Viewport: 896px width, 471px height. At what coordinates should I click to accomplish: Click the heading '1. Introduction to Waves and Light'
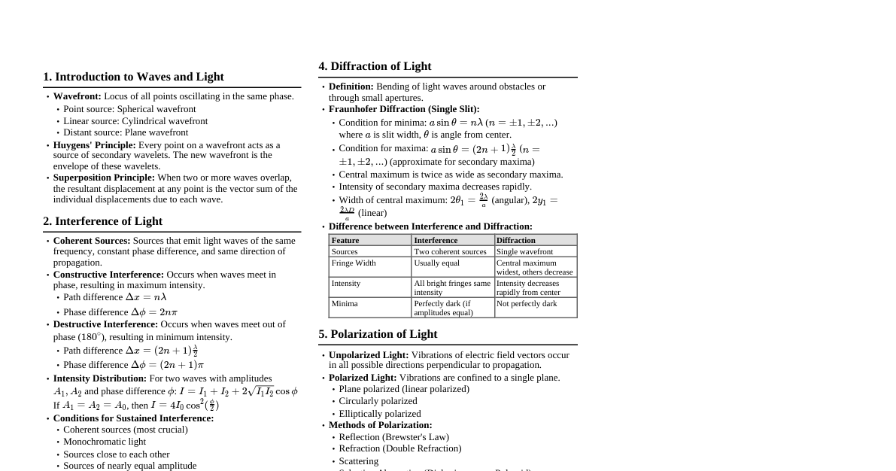133,77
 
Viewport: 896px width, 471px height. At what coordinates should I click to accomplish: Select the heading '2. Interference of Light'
102,221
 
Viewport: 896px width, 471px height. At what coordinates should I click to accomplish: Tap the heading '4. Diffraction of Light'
375,66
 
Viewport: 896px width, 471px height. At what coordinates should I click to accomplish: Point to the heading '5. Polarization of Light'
378,334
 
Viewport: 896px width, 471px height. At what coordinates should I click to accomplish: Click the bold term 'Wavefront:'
77,96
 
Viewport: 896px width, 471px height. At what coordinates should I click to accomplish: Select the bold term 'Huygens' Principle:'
94,145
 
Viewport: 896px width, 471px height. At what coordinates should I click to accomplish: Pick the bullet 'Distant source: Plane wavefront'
126,132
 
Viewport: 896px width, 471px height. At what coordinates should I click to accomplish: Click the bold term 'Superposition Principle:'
104,178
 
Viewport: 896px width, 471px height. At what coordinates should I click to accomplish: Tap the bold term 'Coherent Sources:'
92,241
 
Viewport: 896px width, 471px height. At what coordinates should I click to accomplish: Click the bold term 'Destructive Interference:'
105,324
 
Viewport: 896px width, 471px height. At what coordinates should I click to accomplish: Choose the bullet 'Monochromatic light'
105,442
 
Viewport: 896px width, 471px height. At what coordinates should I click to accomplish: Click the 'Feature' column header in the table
345,240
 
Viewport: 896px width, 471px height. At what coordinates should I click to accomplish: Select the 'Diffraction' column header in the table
516,240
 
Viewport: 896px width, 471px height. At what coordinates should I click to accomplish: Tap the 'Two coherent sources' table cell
450,251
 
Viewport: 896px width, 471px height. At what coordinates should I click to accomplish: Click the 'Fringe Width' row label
354,263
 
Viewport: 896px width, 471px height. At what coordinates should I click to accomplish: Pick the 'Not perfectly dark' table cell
527,304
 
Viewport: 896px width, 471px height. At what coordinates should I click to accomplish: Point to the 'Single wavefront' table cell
524,251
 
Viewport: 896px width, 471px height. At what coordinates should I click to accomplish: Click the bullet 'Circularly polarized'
378,401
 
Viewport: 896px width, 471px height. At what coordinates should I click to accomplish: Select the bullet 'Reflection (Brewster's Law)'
393,437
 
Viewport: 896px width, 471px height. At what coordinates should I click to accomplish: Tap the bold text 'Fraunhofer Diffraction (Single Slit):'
404,109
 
